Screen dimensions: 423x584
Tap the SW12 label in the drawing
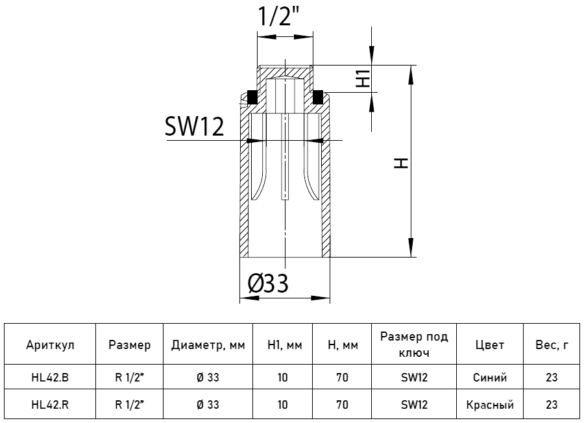pyautogui.click(x=194, y=127)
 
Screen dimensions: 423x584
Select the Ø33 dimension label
pyautogui.click(x=268, y=283)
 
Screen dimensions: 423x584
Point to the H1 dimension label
pyautogui.click(x=363, y=78)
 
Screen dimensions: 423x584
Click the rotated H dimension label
pyautogui.click(x=402, y=162)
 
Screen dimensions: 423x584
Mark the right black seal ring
pyautogui.click(x=319, y=97)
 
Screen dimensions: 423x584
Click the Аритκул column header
pyautogui.click(x=50, y=345)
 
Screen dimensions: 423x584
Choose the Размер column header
pyautogui.click(x=129, y=345)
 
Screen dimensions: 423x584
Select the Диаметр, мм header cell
pyautogui.click(x=208, y=345)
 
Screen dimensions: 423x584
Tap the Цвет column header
pyautogui.click(x=489, y=345)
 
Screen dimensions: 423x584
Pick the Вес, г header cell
pyautogui.click(x=552, y=345)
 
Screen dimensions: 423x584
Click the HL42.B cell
pyautogui.click(x=50, y=378)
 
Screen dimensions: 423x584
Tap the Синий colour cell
pyautogui.click(x=489, y=378)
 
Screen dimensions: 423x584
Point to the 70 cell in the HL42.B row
pyautogui.click(x=342, y=378)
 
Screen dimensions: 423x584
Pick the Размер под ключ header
pyautogui.click(x=414, y=345)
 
